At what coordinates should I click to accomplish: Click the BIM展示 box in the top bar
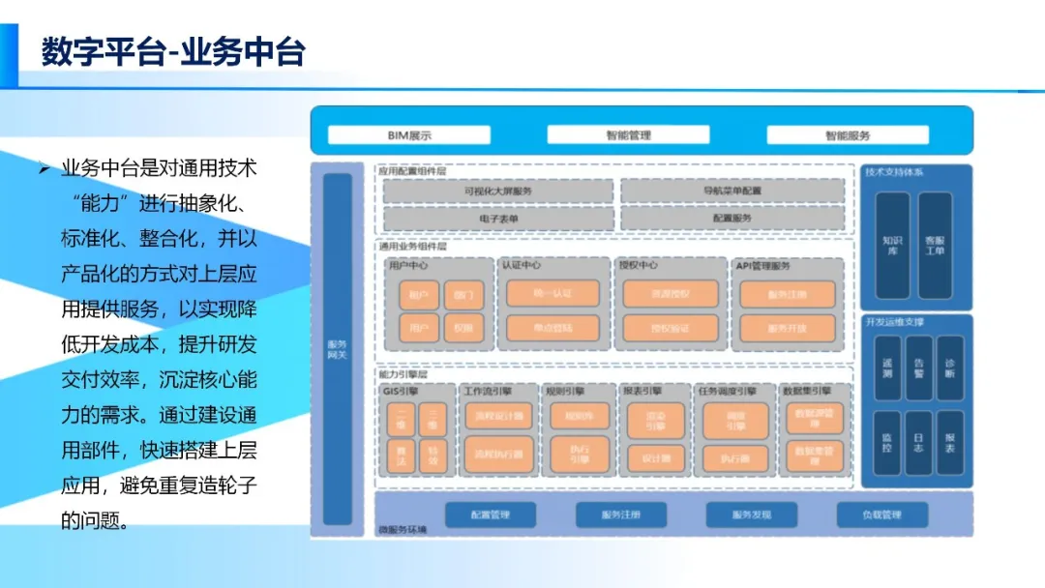[x=409, y=135]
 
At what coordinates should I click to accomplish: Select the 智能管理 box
[x=629, y=135]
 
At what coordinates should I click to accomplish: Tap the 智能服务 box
[x=848, y=135]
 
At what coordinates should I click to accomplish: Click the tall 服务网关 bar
[x=337, y=349]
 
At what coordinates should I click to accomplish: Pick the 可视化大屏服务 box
[x=498, y=191]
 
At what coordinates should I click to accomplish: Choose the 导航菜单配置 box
[x=732, y=191]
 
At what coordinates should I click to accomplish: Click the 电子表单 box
[x=498, y=219]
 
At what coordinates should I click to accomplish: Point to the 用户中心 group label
[x=408, y=265]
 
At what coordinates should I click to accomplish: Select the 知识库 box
[x=891, y=245]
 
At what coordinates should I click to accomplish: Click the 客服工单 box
[x=935, y=245]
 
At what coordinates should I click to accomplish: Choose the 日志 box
[x=918, y=442]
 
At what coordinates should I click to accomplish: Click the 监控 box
[x=887, y=442]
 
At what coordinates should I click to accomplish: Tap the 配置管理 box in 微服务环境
[x=490, y=515]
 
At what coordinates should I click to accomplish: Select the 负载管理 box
[x=881, y=515]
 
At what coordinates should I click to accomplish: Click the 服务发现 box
[x=752, y=515]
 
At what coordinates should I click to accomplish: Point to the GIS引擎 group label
[x=400, y=392]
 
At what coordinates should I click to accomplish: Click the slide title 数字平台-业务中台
[x=173, y=51]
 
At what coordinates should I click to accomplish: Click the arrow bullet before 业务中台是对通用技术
[x=44, y=169]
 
